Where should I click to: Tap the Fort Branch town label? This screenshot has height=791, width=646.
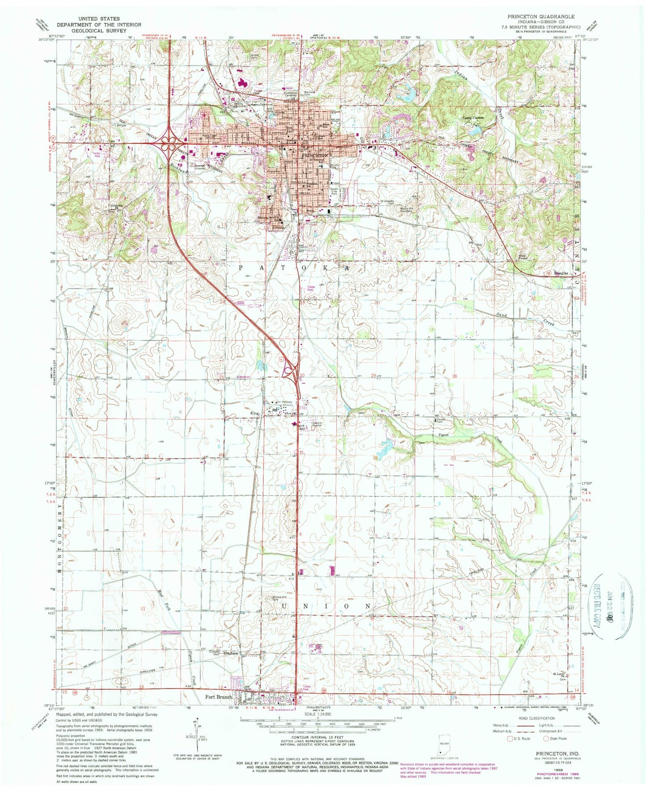[219, 697]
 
